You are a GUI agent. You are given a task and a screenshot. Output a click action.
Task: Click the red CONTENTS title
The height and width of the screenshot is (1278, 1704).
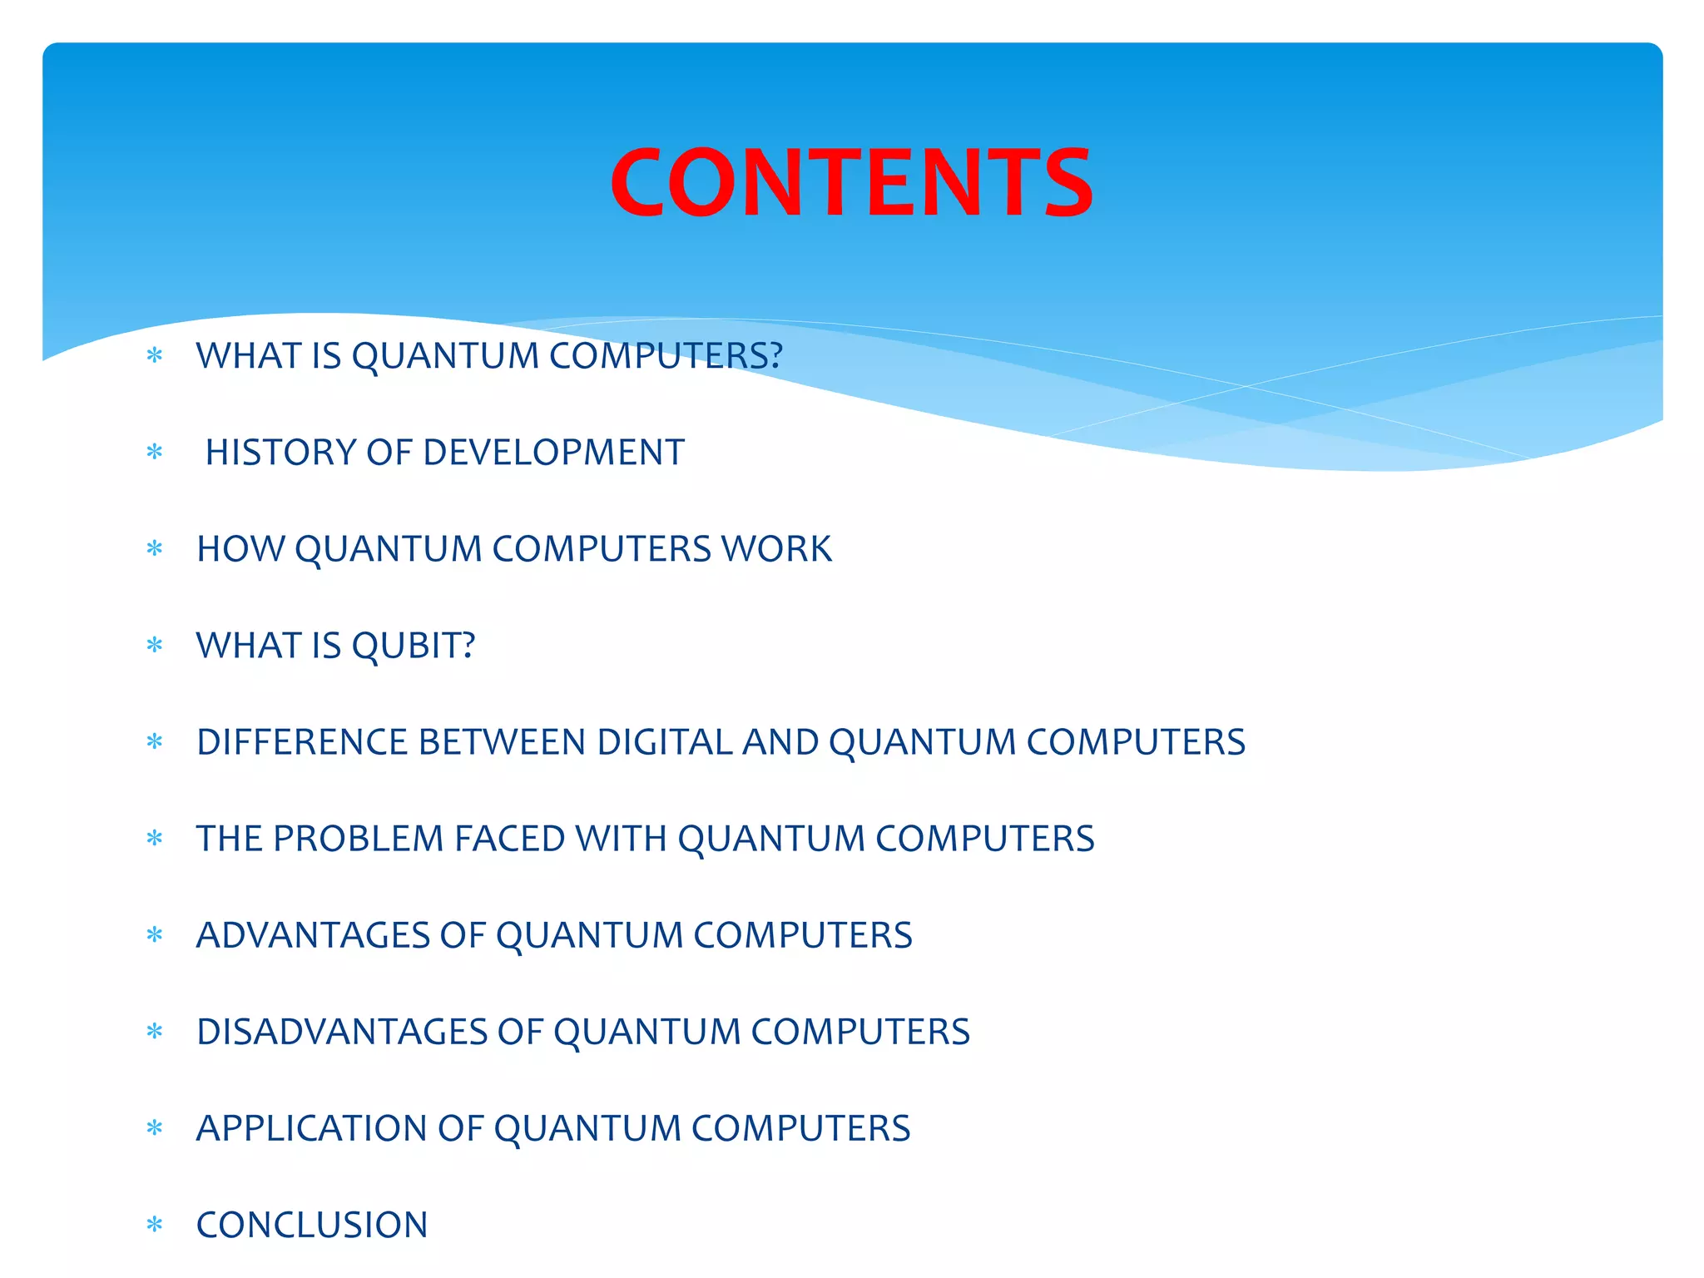tap(851, 183)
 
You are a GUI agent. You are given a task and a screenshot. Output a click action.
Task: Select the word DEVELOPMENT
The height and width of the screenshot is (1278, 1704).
tap(553, 453)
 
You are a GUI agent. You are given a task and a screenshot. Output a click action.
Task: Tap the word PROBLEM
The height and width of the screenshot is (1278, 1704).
tap(359, 839)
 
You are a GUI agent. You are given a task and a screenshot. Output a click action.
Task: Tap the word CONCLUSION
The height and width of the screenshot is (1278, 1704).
tap(312, 1225)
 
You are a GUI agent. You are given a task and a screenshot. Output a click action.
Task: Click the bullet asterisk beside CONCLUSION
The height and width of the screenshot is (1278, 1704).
tap(155, 1225)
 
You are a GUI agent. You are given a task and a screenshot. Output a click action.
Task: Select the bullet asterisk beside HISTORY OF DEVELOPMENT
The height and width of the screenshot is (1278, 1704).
tap(155, 453)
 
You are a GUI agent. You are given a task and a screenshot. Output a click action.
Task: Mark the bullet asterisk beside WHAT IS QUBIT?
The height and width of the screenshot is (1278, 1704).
tap(155, 646)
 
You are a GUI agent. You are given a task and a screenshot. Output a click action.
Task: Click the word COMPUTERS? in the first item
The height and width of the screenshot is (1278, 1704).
tap(666, 356)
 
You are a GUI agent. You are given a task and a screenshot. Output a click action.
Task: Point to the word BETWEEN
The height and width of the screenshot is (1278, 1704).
tap(503, 742)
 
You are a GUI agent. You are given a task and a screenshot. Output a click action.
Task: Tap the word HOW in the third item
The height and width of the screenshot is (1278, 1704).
tap(240, 549)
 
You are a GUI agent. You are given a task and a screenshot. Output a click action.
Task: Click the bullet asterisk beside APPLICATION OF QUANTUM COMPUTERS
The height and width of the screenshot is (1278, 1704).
tap(155, 1128)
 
